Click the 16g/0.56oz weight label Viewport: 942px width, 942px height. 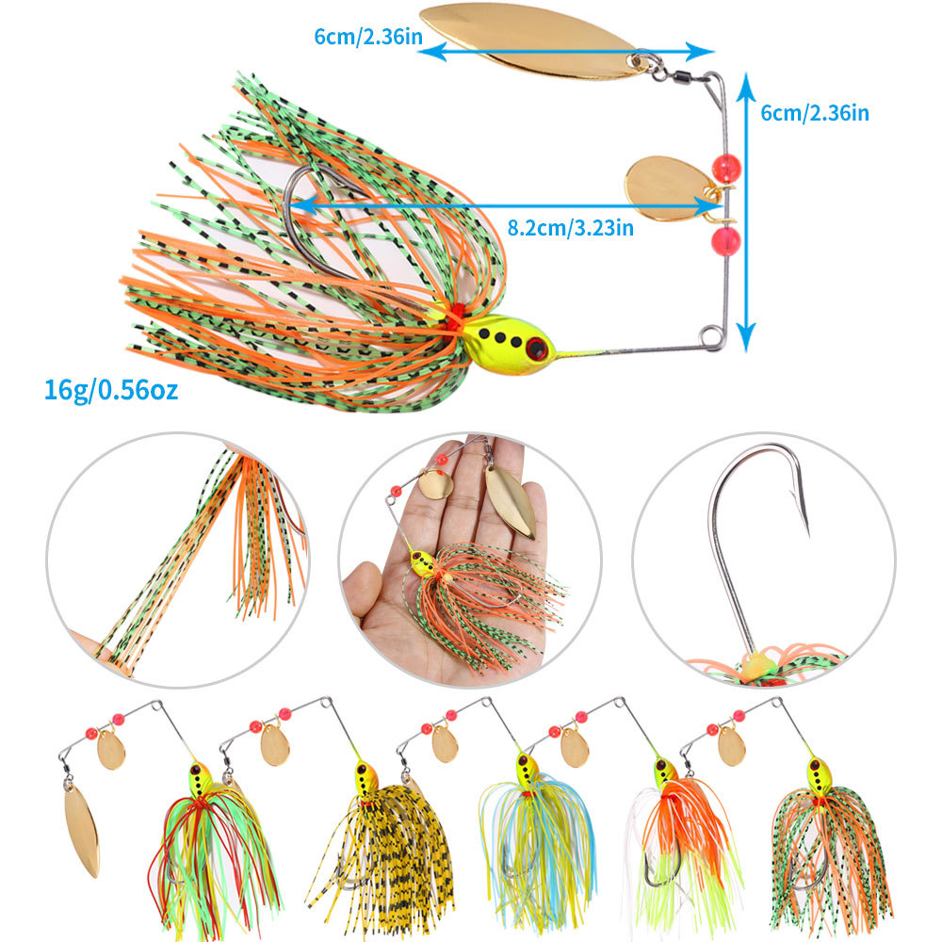(110, 388)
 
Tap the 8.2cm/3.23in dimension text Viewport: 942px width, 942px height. (570, 227)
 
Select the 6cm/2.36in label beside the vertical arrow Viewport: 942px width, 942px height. (815, 113)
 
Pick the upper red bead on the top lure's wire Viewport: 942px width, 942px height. (726, 169)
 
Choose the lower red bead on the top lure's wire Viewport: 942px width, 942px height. (726, 239)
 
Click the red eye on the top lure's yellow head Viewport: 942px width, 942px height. (537, 349)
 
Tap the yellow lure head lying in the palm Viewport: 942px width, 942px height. (423, 565)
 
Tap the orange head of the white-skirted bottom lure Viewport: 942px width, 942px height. (666, 772)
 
